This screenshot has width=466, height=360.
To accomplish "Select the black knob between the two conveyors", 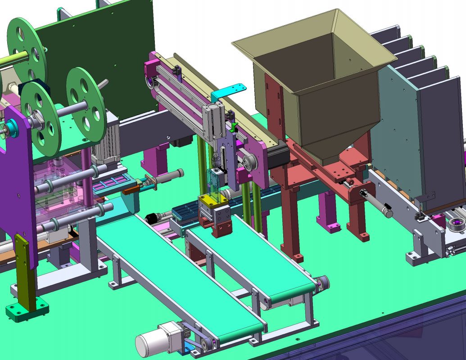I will coord(150,219).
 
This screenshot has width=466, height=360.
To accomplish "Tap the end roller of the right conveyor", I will coord(322,283).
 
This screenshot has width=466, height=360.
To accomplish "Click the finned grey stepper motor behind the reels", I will coord(106,139).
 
